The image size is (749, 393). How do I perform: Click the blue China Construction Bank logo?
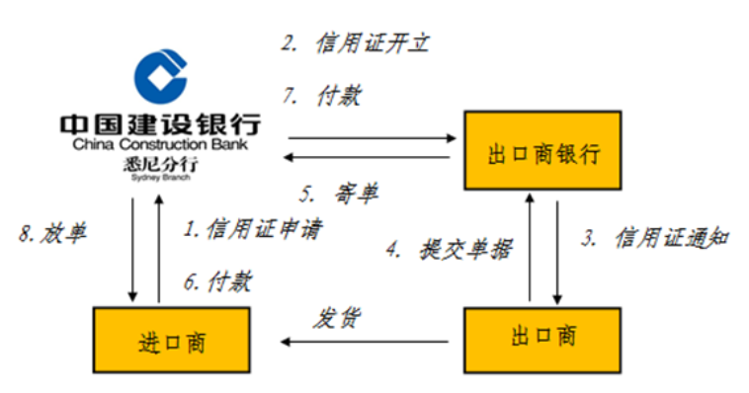coord(160,79)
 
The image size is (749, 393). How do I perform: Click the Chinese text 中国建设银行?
coord(160,125)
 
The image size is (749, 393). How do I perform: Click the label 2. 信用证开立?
coord(356,43)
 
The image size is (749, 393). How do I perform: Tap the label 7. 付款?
coord(324,97)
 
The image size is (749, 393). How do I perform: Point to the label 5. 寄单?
coord(340,193)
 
